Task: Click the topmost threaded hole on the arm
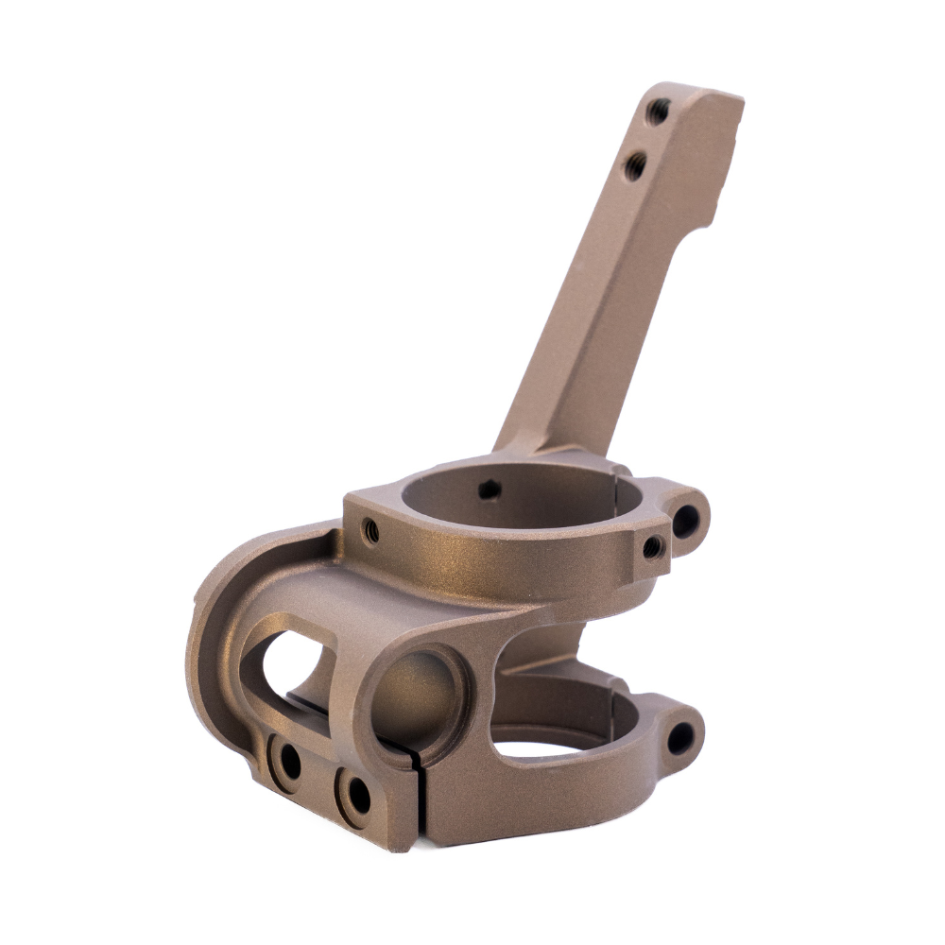[x=658, y=112]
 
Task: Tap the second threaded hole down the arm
[x=635, y=166]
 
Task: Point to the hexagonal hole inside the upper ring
[x=489, y=490]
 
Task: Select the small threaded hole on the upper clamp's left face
[x=371, y=531]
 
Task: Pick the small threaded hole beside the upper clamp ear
[x=652, y=546]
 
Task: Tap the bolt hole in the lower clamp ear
[x=680, y=737]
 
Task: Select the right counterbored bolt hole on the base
[x=356, y=797]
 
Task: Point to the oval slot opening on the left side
[x=288, y=666]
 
